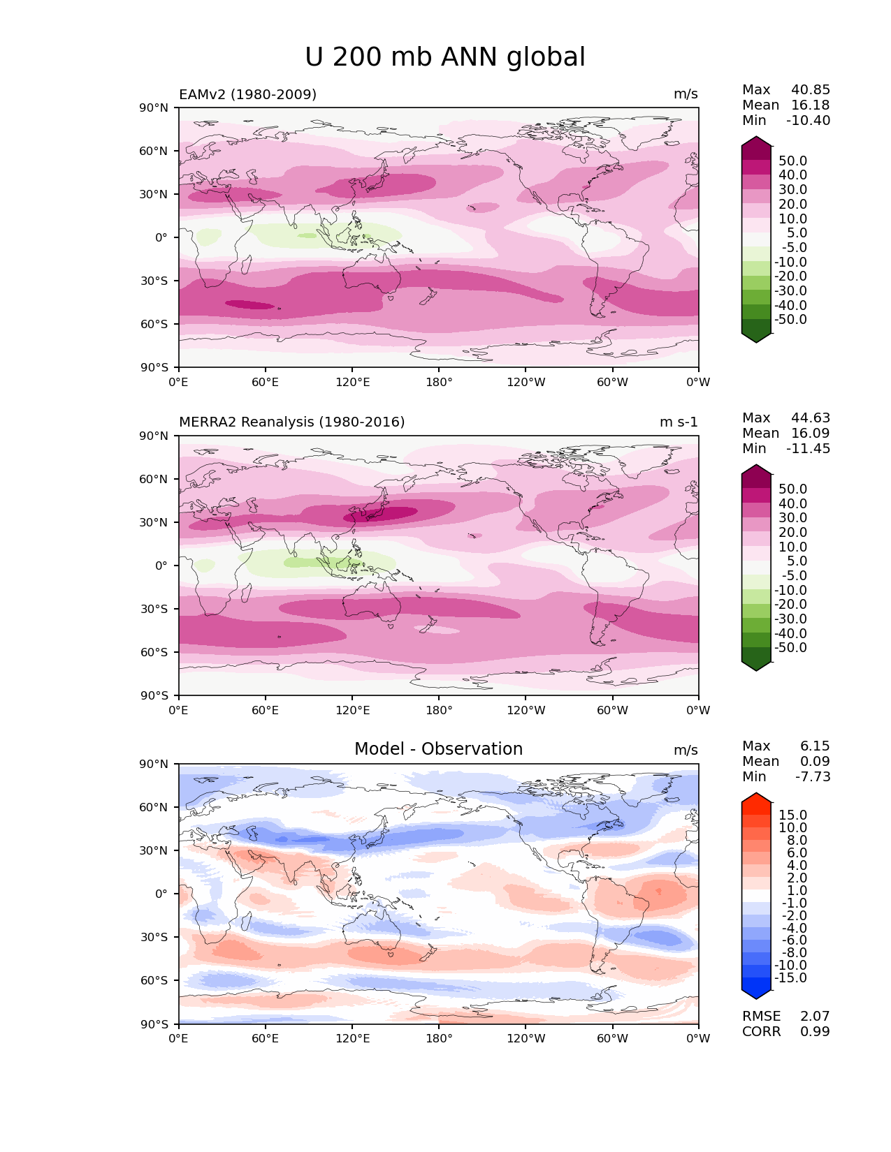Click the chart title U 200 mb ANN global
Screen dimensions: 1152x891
444,57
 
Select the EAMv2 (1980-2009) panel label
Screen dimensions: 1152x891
247,94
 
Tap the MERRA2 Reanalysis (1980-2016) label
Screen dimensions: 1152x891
291,422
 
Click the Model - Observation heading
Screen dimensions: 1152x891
438,749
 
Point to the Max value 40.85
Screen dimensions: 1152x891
810,90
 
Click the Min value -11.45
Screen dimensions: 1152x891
808,449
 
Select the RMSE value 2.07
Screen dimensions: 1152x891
815,1017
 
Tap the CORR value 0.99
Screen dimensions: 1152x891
815,1032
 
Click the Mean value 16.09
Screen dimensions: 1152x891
810,434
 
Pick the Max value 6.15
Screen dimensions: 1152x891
815,746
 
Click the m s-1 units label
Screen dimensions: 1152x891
678,422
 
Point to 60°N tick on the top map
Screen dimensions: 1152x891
154,152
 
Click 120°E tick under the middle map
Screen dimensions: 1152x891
352,711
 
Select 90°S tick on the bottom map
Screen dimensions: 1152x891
155,1024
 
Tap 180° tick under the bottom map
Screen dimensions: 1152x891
439,1039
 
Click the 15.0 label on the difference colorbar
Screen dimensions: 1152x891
792,815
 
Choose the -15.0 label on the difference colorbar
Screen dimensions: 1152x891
790,978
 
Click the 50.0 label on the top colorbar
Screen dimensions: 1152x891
792,161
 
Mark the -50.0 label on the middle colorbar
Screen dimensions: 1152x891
790,648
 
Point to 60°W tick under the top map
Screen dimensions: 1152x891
612,383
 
